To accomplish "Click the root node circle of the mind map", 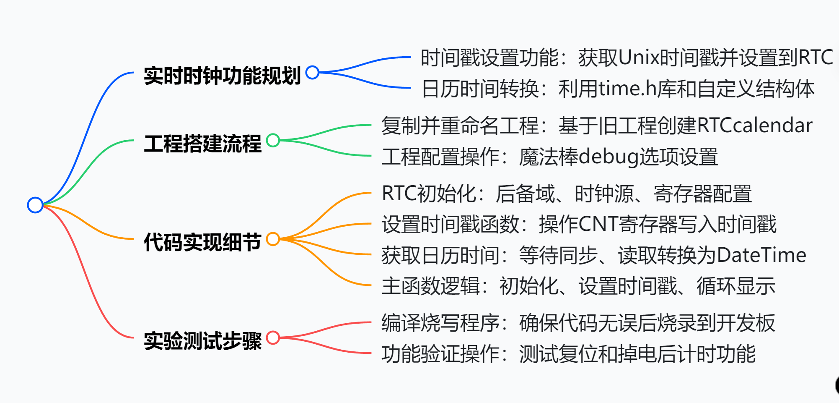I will point(35,205).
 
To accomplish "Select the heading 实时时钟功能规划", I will point(222,76).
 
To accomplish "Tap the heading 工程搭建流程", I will point(202,143).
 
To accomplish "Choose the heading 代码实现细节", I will point(202,242).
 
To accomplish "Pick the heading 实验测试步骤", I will point(202,340).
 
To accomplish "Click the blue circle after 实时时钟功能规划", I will point(312,72).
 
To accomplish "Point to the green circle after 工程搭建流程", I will point(273,140).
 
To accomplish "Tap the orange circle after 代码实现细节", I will point(273,239).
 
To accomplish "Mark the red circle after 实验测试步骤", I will point(273,338).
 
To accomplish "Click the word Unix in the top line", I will point(639,58).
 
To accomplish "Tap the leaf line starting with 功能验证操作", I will point(568,354).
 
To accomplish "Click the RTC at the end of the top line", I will point(816,58).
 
